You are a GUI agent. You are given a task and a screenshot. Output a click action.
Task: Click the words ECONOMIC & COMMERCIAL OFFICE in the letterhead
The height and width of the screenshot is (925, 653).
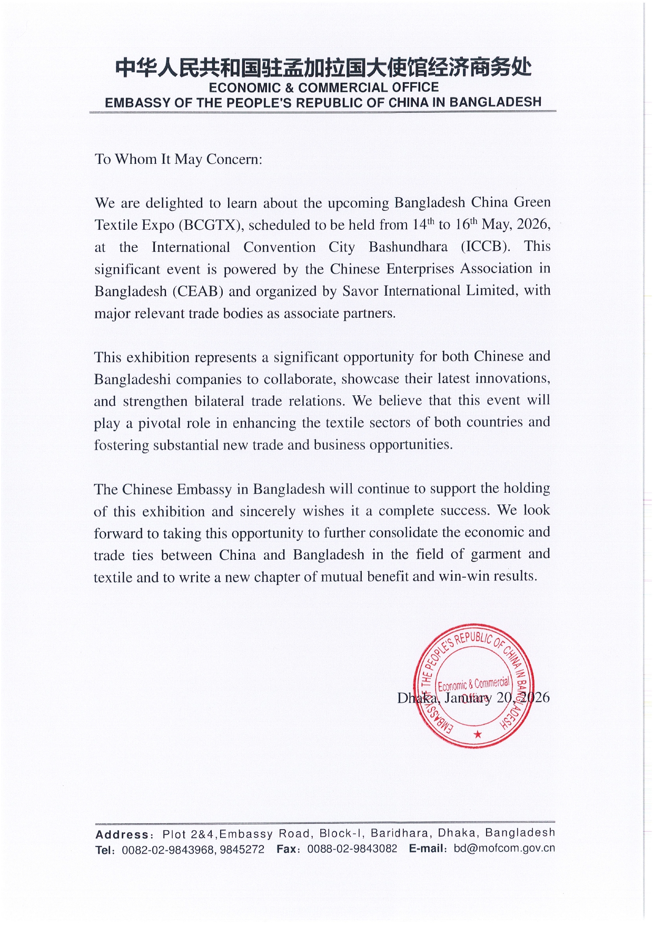click(323, 87)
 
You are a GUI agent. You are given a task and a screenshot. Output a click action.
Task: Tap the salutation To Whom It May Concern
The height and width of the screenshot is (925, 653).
click(178, 159)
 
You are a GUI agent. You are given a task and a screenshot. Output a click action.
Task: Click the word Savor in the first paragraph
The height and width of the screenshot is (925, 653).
click(360, 290)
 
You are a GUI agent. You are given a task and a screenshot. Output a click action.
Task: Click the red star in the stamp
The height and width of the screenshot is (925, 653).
click(478, 734)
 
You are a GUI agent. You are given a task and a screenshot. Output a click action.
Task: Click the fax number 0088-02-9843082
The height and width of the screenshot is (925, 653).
click(352, 849)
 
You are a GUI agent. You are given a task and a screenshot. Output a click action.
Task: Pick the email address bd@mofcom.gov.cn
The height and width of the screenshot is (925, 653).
click(504, 848)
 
